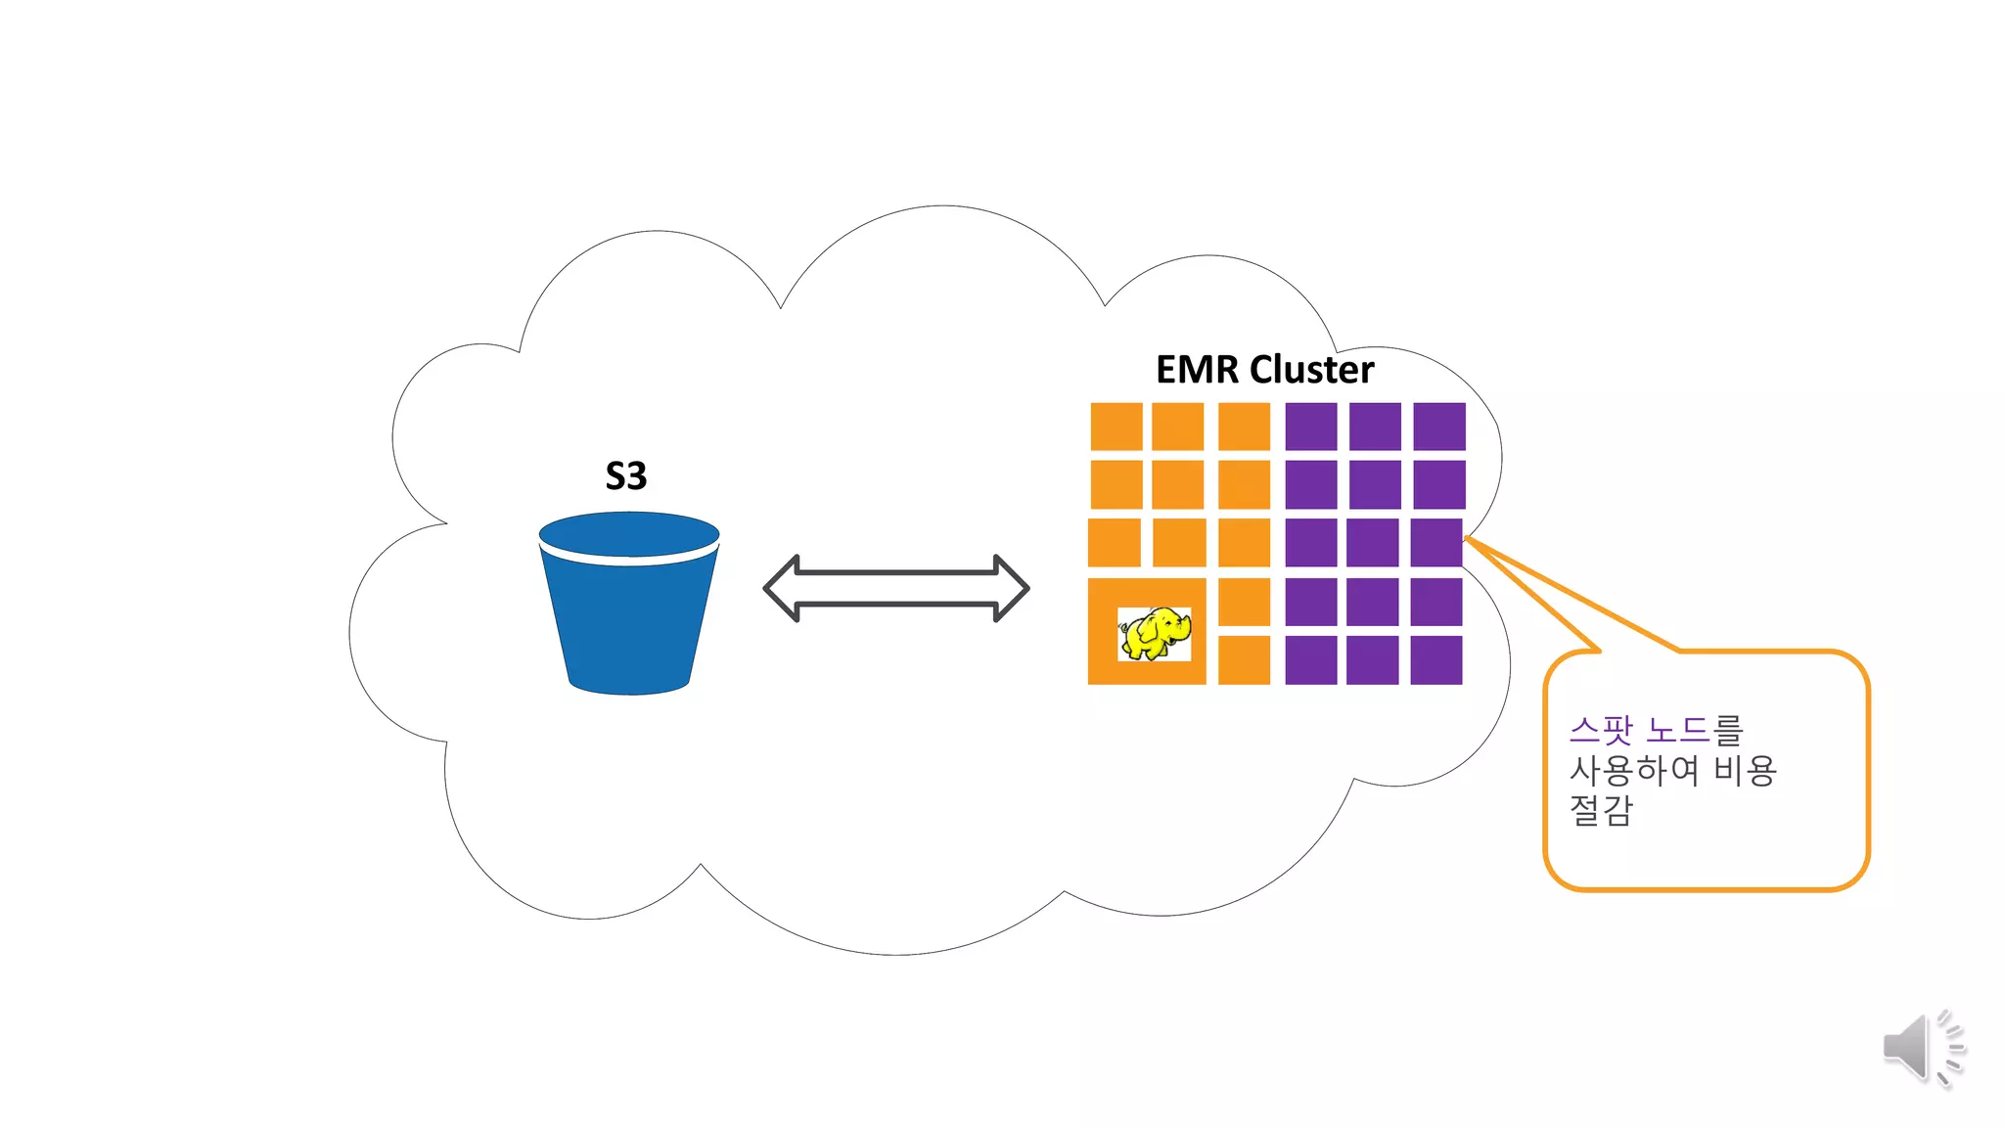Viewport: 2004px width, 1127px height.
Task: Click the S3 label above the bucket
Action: point(626,476)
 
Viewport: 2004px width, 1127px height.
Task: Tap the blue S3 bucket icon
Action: point(629,616)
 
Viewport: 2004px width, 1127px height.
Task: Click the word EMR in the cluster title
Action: point(1198,370)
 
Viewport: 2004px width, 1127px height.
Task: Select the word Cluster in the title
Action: point(1311,370)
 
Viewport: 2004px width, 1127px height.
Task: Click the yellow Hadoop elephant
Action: point(1155,633)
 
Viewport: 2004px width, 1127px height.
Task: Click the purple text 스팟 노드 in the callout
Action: point(1638,730)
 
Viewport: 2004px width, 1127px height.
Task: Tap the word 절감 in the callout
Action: point(1601,810)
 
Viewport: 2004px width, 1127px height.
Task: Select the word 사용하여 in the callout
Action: point(1634,771)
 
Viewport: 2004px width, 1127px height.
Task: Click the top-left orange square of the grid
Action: point(1116,427)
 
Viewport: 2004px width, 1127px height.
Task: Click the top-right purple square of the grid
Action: point(1438,427)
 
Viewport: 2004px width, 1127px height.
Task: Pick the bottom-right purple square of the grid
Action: point(1435,660)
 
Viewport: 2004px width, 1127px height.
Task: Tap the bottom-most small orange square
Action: point(1244,660)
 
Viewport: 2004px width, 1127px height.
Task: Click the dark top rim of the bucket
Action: point(629,534)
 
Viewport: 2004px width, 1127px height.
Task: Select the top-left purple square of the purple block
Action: point(1311,427)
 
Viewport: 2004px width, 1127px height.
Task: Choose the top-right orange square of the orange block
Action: point(1244,427)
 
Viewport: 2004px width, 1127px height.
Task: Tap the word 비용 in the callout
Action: point(1745,771)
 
